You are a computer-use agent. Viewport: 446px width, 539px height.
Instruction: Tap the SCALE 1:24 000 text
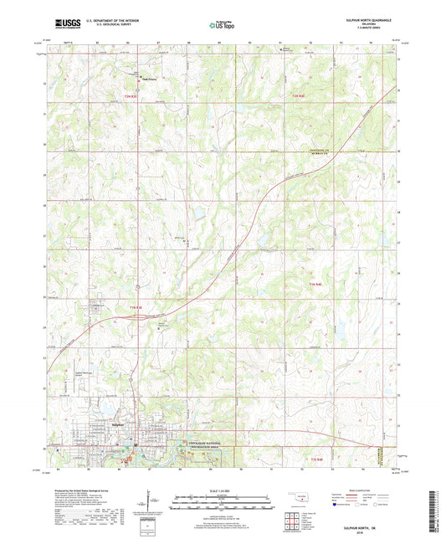pos(222,490)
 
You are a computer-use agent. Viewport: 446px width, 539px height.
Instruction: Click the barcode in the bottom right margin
pos(435,510)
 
